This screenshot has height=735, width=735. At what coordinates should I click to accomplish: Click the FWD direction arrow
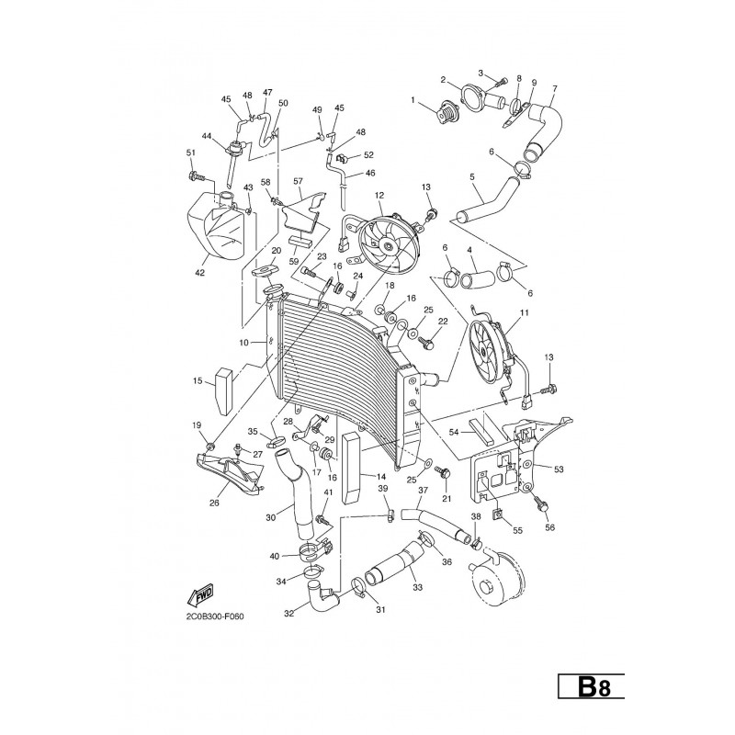click(x=200, y=594)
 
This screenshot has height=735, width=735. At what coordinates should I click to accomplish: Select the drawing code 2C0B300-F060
click(x=215, y=616)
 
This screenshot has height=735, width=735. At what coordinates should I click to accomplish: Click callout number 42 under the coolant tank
click(x=200, y=273)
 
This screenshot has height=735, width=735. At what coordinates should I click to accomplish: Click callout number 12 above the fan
click(x=379, y=195)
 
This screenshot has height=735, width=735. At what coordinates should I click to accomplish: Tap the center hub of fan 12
click(x=389, y=245)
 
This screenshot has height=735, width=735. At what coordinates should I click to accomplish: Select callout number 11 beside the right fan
click(x=524, y=312)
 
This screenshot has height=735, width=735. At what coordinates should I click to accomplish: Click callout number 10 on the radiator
click(x=243, y=343)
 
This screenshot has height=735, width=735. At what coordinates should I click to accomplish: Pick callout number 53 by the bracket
click(x=559, y=469)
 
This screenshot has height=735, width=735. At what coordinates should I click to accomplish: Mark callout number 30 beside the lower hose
click(x=271, y=517)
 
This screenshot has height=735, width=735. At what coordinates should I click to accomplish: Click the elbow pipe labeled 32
click(x=322, y=594)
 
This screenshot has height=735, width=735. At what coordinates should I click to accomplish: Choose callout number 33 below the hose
click(x=418, y=587)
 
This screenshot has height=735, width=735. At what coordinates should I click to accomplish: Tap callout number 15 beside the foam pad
click(x=198, y=380)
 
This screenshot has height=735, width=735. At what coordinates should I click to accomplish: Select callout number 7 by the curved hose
click(x=555, y=88)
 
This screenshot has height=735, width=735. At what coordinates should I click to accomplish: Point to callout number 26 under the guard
click(x=214, y=503)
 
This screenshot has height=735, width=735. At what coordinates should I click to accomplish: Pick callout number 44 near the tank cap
click(x=207, y=136)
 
